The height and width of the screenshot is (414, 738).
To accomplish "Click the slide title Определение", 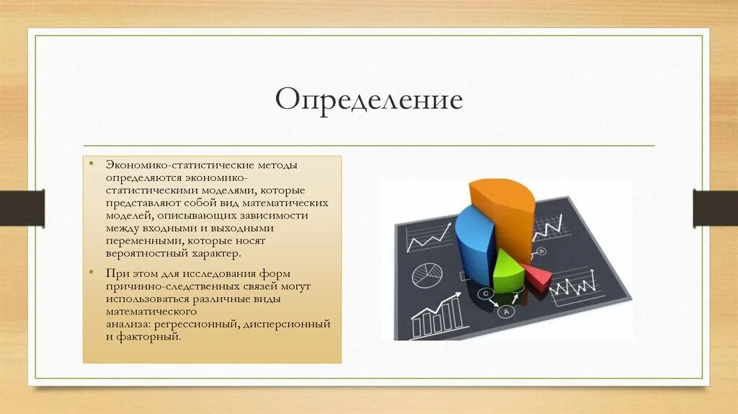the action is [x=369, y=100].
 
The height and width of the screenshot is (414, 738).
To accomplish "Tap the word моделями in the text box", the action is [x=229, y=190].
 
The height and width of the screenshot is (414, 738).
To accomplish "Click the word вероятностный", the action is [x=147, y=254].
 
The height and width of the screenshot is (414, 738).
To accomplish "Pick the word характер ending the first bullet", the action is [x=216, y=253].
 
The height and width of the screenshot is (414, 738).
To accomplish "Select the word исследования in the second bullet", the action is [x=219, y=274].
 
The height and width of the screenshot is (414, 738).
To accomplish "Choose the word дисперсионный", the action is [x=287, y=325].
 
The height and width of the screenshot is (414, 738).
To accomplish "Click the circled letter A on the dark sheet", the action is [x=506, y=312].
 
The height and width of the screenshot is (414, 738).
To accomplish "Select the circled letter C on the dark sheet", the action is [x=485, y=294].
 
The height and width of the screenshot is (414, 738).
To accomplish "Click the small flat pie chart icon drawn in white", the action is [x=427, y=275].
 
